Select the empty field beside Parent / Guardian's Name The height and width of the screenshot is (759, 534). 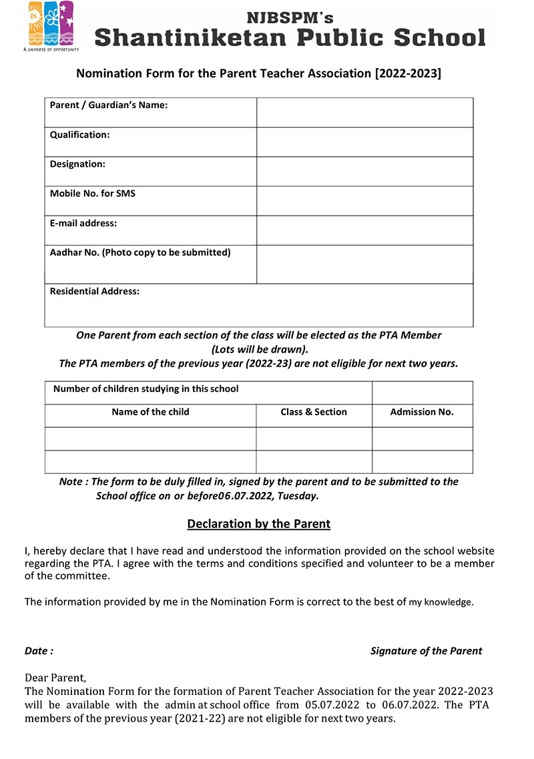tap(364, 112)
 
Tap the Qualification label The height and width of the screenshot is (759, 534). tap(79, 135)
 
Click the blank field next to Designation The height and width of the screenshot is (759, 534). tap(364, 171)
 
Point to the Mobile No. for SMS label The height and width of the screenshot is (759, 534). tap(93, 194)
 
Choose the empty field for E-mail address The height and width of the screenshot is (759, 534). tap(364, 230)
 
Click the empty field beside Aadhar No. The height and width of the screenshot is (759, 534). tap(364, 264)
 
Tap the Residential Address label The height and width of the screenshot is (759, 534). tap(95, 291)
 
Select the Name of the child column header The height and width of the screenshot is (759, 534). tap(150, 412)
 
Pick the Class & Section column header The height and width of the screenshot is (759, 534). tap(314, 412)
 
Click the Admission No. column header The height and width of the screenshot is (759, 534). tap(422, 412)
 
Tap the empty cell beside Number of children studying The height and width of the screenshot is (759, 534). tap(422, 393)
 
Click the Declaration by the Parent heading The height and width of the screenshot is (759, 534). tap(259, 524)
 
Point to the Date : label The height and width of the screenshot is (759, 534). tap(39, 651)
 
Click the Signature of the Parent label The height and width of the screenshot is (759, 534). tap(426, 651)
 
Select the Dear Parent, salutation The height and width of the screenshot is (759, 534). tap(55, 677)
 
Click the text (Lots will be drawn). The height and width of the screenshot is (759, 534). tap(260, 349)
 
